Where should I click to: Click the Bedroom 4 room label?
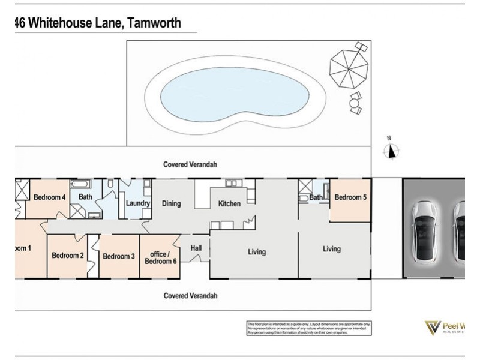(49, 197)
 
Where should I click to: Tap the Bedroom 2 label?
(67, 256)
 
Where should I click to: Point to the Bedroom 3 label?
(119, 256)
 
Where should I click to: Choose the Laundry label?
(137, 203)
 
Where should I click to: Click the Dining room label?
(171, 203)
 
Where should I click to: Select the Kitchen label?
(229, 203)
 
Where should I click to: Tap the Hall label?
(196, 247)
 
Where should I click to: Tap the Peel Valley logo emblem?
(433, 328)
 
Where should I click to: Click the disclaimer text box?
(308, 328)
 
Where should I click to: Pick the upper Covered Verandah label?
(190, 164)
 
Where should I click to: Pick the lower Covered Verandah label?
(190, 296)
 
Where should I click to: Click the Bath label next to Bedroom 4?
(85, 196)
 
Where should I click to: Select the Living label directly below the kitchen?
(256, 252)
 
